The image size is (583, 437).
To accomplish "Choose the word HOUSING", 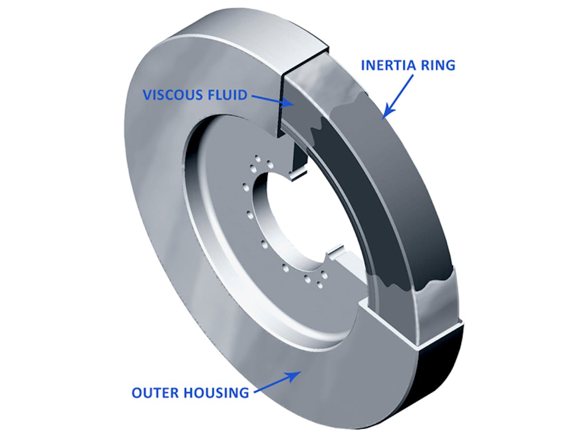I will pos(219,392).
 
